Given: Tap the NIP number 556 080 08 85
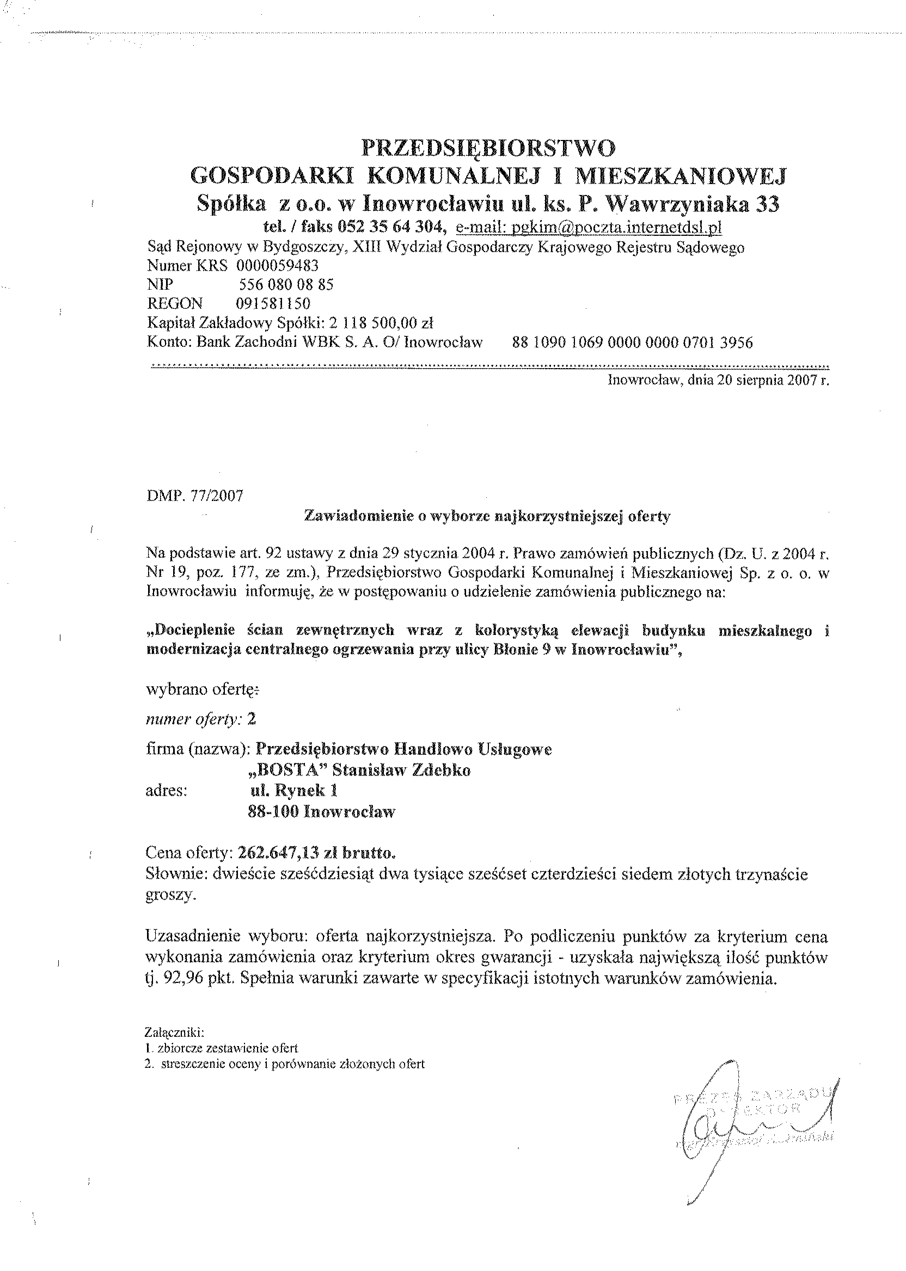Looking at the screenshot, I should (286, 285).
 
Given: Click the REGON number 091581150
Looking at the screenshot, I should (273, 303).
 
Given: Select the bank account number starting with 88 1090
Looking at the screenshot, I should (632, 342).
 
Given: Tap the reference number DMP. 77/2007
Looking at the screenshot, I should (195, 496).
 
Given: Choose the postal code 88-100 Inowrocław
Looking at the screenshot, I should (321, 812).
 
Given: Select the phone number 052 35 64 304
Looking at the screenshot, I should (390, 227).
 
